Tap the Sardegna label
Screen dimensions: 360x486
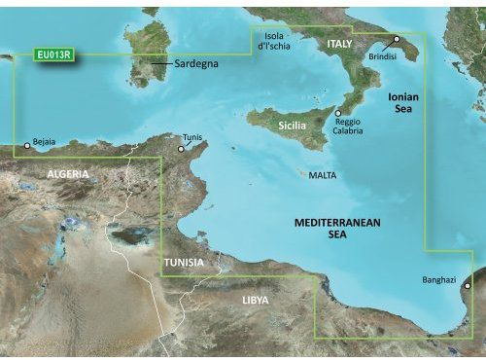pyautogui.click(x=195, y=63)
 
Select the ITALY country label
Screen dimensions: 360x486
pyautogui.click(x=339, y=45)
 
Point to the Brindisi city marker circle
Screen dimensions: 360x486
pyautogui.click(x=397, y=41)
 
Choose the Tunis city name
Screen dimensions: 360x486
pyautogui.click(x=194, y=137)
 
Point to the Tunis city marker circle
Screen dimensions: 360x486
pyautogui.click(x=181, y=149)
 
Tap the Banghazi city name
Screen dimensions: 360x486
pyautogui.click(x=439, y=279)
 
